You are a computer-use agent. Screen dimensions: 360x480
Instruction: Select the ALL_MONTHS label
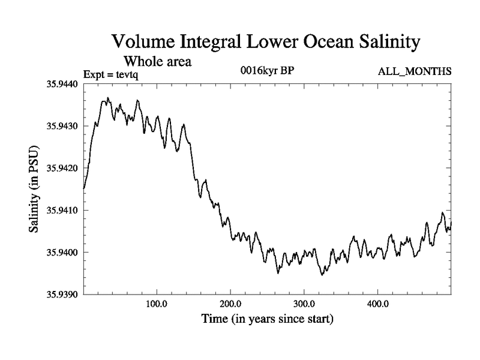[414, 72]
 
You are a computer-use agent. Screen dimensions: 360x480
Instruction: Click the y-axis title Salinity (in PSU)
[35, 189]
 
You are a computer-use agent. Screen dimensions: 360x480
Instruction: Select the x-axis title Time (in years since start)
[266, 319]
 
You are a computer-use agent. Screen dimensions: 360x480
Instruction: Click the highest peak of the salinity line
[108, 98]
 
